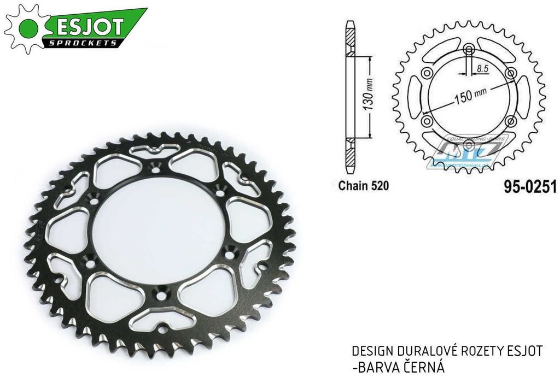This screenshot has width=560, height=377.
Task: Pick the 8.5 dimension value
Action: (x=482, y=69)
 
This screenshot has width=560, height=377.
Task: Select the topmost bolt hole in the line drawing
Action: (x=469, y=51)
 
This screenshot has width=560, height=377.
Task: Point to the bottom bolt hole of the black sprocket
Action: (x=160, y=295)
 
